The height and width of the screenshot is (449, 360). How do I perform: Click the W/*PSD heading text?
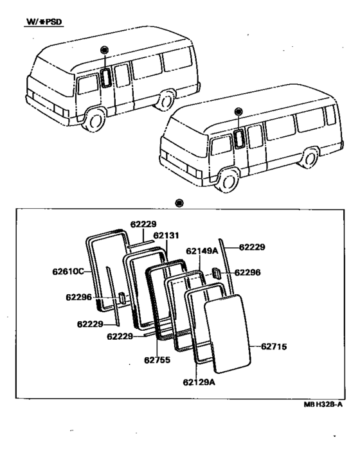[44, 22]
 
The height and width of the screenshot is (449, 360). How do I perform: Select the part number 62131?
[166, 235]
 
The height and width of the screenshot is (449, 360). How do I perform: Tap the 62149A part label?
[202, 251]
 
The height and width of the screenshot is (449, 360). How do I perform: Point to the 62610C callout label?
[68, 272]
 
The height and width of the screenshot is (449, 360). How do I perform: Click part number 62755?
[157, 360]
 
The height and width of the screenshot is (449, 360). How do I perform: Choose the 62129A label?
[199, 382]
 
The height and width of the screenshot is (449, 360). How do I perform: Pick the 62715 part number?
[274, 346]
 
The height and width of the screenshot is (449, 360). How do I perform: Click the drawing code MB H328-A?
[323, 404]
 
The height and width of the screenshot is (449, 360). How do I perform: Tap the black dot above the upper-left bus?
[105, 50]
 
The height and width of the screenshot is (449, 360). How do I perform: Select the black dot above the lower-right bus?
[239, 111]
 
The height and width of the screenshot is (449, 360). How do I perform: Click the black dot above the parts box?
[179, 204]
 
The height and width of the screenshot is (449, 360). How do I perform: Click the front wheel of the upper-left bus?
[95, 121]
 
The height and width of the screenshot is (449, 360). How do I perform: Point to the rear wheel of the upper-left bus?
[166, 100]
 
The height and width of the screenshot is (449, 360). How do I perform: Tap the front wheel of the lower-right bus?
[229, 181]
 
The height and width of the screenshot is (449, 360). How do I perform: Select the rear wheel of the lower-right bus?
[310, 158]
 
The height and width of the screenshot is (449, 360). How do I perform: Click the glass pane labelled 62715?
[228, 333]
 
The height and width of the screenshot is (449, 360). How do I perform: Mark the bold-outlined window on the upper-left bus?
[106, 78]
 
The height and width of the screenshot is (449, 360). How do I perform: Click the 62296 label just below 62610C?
[79, 297]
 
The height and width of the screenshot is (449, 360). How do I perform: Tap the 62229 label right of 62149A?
[252, 247]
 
